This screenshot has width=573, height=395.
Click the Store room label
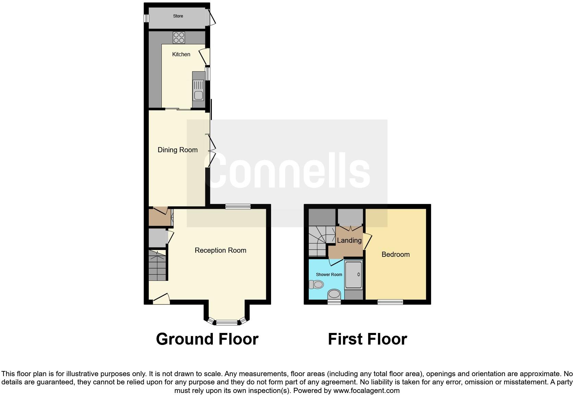click(178, 16)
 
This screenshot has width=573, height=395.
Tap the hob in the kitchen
click(179, 37)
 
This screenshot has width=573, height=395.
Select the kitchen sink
click(198, 90)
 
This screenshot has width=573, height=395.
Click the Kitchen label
click(181, 54)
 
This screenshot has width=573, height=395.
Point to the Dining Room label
click(178, 150)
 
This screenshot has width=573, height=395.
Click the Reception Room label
click(220, 250)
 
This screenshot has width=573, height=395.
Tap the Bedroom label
click(395, 254)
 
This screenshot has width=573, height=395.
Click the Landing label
click(349, 240)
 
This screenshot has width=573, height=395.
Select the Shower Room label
click(329, 275)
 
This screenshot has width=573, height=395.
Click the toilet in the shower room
click(316, 284)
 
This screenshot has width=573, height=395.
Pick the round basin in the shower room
click(334, 294)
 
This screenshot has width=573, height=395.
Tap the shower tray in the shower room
click(353, 275)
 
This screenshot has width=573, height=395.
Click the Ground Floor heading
click(207, 339)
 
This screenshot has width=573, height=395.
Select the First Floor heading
click(367, 339)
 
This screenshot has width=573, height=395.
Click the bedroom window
click(390, 302)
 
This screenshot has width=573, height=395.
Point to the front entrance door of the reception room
click(161, 299)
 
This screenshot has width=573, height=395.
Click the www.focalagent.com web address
click(366, 390)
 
